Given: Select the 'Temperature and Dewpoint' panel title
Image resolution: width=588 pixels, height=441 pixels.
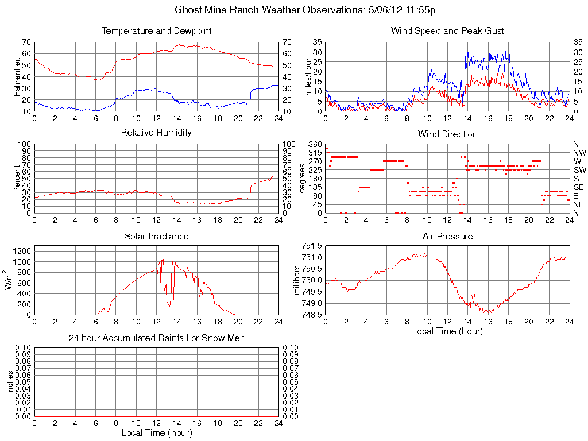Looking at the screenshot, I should click(156, 31).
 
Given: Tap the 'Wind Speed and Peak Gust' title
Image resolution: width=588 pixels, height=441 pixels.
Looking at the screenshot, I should click(447, 31).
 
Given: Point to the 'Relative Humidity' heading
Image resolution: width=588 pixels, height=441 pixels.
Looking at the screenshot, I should click(156, 133).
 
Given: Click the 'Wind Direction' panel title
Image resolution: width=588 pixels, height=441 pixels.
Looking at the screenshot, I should click(447, 134).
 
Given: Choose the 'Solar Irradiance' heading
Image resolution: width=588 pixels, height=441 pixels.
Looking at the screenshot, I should click(156, 237).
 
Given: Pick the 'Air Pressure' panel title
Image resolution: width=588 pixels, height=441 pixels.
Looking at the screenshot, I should click(447, 237).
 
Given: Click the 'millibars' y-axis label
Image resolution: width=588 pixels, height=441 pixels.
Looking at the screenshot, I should click(297, 280).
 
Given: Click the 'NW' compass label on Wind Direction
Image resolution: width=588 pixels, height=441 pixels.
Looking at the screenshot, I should click(579, 153).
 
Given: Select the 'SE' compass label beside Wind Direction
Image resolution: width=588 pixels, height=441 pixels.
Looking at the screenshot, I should click(579, 187).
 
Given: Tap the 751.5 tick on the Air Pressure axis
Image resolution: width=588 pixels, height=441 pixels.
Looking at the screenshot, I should click(312, 246).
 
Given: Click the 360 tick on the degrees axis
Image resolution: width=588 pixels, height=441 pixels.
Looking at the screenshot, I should click(314, 144).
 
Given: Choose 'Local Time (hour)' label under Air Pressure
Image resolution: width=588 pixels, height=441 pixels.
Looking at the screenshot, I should click(447, 331).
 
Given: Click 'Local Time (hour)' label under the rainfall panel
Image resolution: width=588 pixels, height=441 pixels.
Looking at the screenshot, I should click(156, 432).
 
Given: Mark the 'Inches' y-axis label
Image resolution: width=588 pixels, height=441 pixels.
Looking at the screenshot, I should click(10, 382).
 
